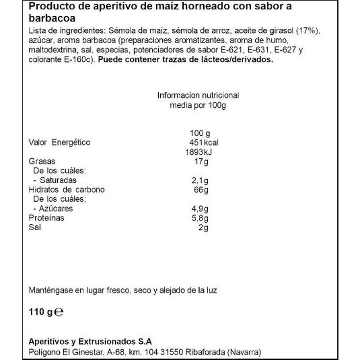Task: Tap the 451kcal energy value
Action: click(x=203, y=143)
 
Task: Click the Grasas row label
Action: click(x=42, y=161)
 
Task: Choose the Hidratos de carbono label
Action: click(x=67, y=190)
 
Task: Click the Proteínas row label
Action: click(x=47, y=218)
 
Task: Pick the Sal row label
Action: click(x=35, y=227)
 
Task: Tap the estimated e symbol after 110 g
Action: click(x=59, y=311)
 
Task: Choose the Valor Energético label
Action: click(x=60, y=143)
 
